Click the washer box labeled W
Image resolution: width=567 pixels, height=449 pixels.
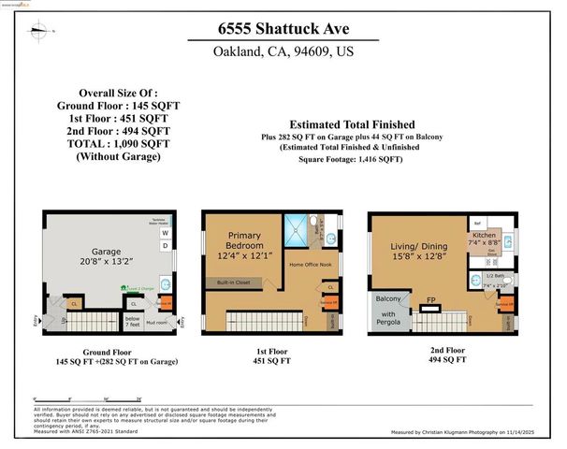(166, 233)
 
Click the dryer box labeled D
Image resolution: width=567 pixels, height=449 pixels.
(166, 246)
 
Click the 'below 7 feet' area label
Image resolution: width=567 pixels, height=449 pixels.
(131, 322)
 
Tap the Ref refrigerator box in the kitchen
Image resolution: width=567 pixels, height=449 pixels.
(476, 224)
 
